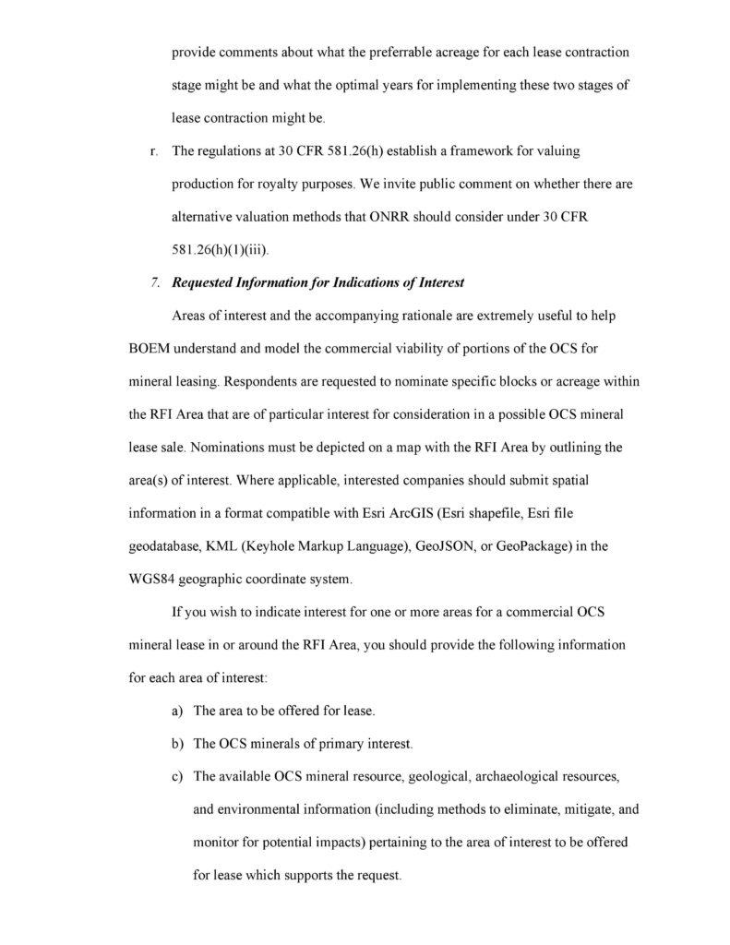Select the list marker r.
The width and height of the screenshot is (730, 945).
(x=151, y=150)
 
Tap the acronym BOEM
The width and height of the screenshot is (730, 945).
(x=150, y=350)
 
